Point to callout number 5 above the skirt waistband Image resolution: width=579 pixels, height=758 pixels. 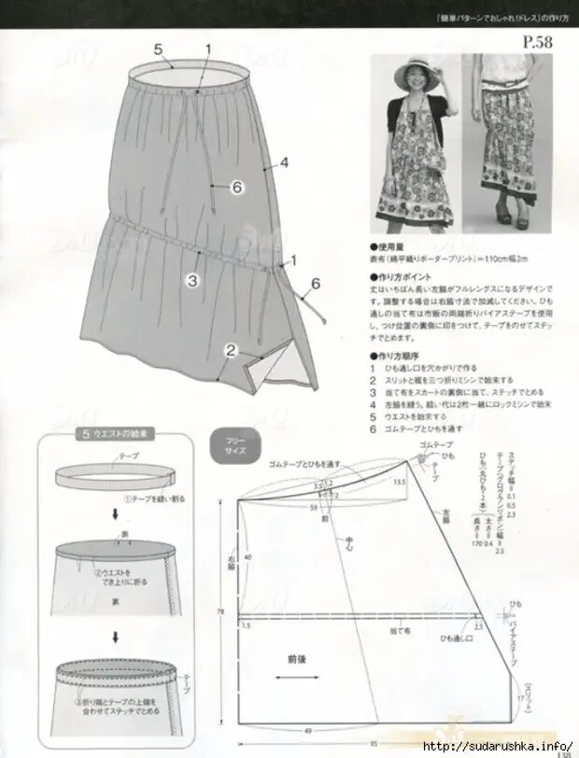pos(158,49)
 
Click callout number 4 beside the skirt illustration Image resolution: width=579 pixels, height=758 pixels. pos(284,161)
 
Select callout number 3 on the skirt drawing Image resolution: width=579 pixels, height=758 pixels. pos(191,278)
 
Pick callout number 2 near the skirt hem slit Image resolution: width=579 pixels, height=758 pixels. pos(231,350)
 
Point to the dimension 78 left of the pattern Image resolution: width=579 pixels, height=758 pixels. pos(219,612)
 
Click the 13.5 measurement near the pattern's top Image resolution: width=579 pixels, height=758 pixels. pos(399,482)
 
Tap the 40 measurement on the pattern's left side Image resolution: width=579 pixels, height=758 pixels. pos(247,556)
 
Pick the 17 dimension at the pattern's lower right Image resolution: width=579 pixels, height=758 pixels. pos(520,698)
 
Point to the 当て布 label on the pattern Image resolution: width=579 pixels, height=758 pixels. pos(399,632)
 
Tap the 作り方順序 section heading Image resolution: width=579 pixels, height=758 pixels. pos(400,357)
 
